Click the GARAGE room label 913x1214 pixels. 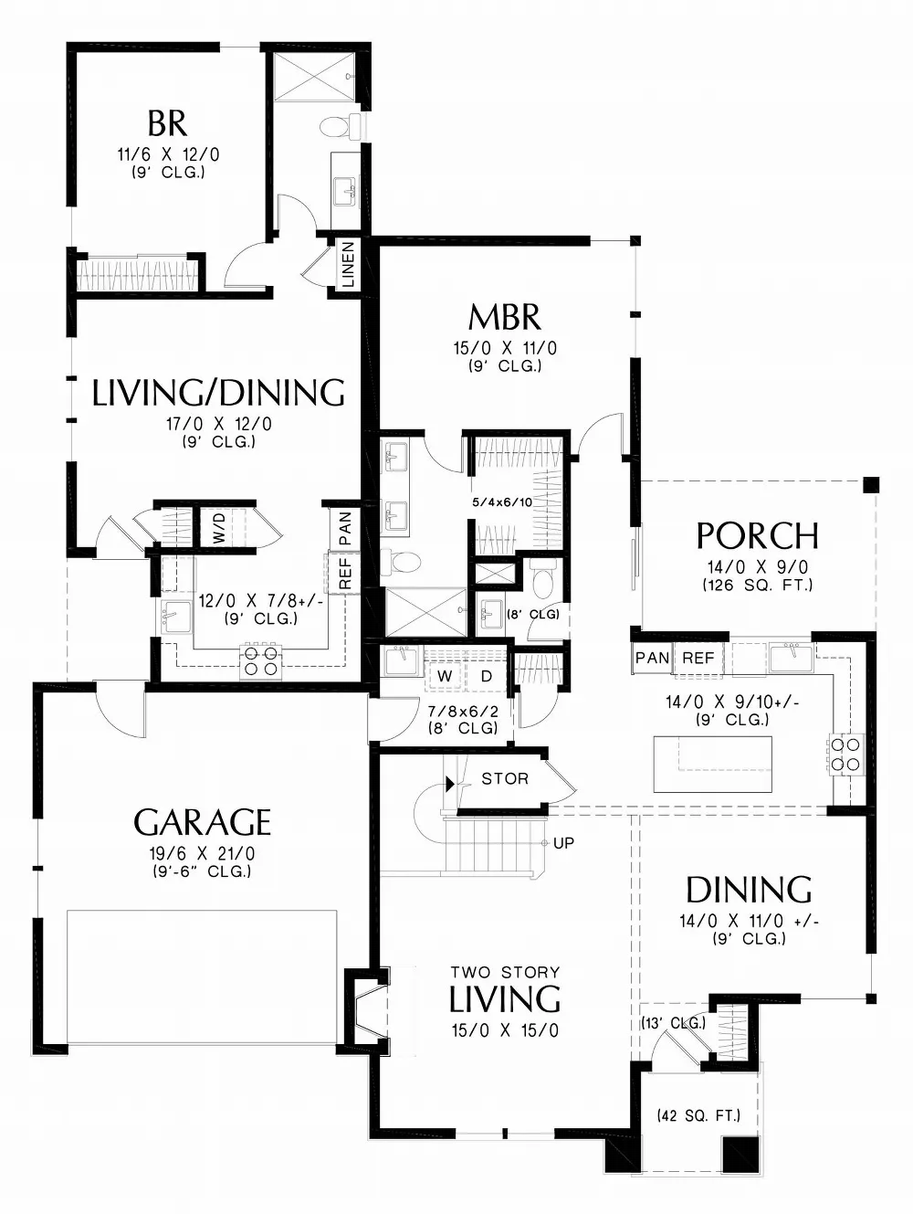(x=202, y=822)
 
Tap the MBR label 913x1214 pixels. (x=504, y=318)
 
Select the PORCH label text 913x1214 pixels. (x=757, y=535)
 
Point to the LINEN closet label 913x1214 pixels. (x=348, y=265)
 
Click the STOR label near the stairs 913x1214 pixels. (x=505, y=778)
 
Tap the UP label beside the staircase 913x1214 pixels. (x=563, y=842)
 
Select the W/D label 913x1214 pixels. (x=219, y=529)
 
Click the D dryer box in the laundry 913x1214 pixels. (x=487, y=676)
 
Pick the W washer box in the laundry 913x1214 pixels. (x=445, y=676)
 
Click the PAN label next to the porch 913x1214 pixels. (x=652, y=658)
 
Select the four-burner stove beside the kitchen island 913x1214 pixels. (x=844, y=754)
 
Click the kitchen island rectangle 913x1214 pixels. (x=712, y=765)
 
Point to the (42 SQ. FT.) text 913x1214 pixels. (x=698, y=1115)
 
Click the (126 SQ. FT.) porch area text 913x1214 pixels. (x=757, y=585)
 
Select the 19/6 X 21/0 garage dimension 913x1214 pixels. (x=202, y=853)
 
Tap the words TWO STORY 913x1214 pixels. (x=505, y=972)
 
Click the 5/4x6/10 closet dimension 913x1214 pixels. (x=501, y=501)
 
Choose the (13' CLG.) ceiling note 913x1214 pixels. (x=673, y=1023)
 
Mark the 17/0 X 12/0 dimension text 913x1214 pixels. (x=218, y=424)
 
